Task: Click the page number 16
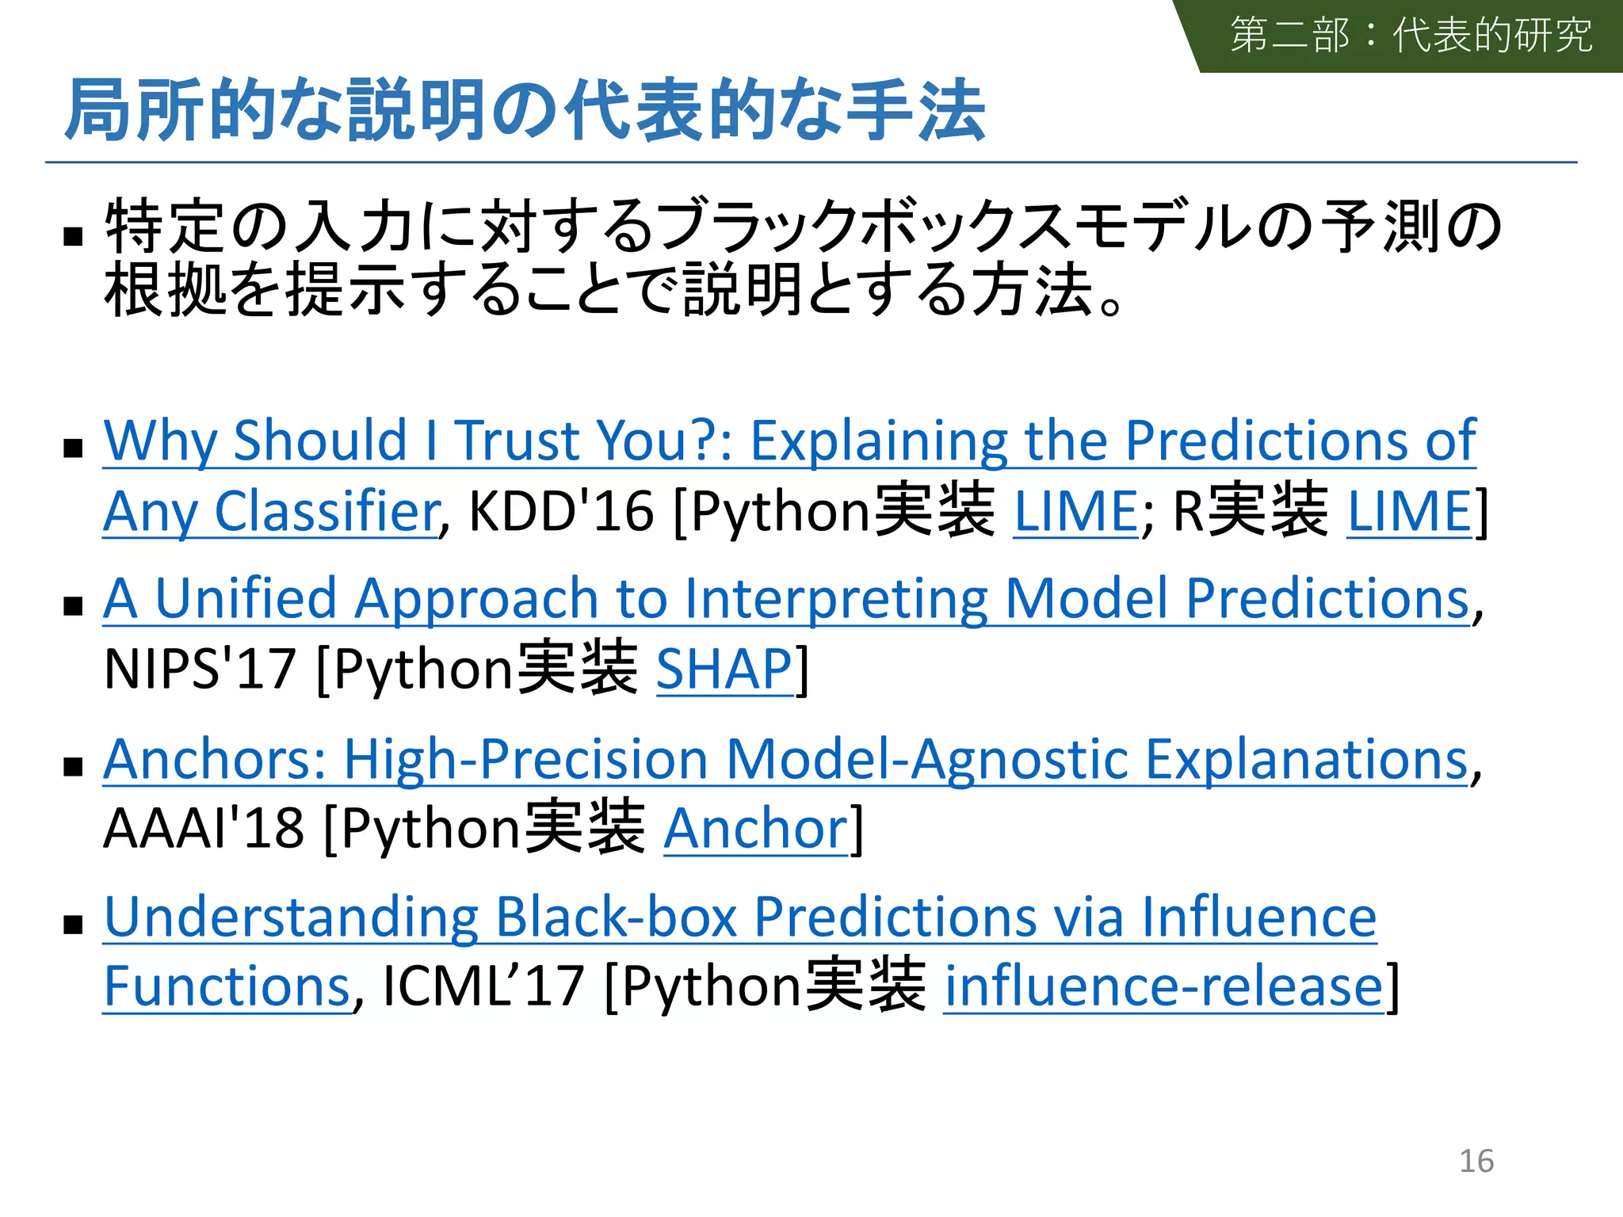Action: click(1476, 1161)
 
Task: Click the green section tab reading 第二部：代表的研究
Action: click(1411, 36)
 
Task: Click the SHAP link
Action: click(724, 670)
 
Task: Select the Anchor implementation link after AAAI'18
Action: click(755, 829)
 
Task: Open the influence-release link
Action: click(1163, 986)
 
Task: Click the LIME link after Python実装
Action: click(1075, 511)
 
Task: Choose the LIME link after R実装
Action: click(1409, 511)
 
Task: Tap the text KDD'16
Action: click(561, 511)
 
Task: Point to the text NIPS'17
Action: click(200, 670)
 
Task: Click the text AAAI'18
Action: click(204, 829)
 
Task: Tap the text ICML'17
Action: click(483, 986)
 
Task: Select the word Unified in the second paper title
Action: click(246, 598)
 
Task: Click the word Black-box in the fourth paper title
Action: click(617, 918)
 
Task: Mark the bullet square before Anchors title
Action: click(74, 766)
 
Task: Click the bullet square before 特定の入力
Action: click(74, 235)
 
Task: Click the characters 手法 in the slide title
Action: click(915, 111)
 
